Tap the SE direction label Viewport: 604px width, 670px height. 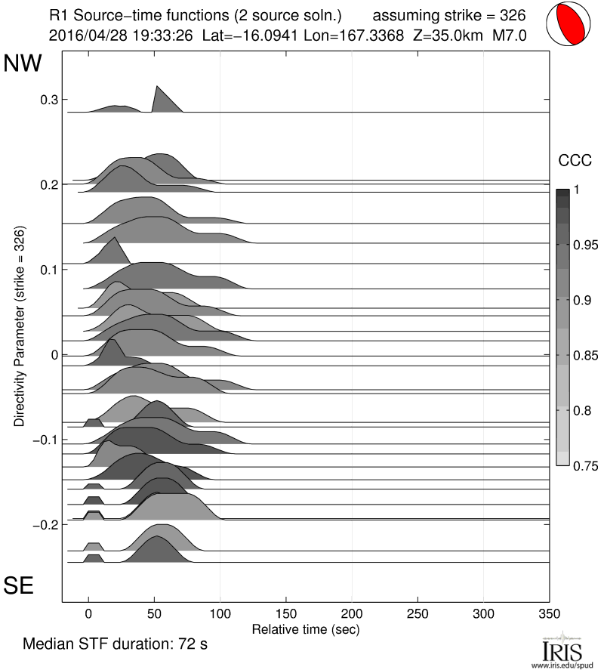20,585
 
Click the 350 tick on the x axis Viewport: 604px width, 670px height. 550,613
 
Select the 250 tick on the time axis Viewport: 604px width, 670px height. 418,613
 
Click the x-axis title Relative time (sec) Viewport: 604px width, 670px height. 305,628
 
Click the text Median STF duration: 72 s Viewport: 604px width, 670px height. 115,646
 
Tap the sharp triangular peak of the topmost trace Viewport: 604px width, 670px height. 156,87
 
